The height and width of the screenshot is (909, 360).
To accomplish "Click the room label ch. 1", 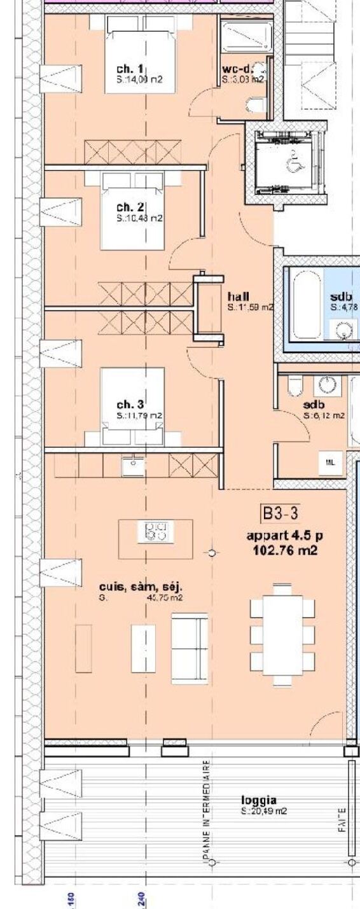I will tap(130, 69).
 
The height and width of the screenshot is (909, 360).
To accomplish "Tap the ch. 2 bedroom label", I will tap(130, 207).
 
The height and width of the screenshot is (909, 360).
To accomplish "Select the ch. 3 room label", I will tap(130, 404).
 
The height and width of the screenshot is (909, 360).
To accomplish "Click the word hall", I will tap(238, 296).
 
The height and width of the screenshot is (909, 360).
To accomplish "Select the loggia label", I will tap(258, 800).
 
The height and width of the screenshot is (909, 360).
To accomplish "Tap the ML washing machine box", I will tap(329, 462).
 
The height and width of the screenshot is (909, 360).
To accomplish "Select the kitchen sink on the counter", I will tap(134, 464).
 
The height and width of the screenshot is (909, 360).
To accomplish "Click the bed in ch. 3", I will tap(132, 407).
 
